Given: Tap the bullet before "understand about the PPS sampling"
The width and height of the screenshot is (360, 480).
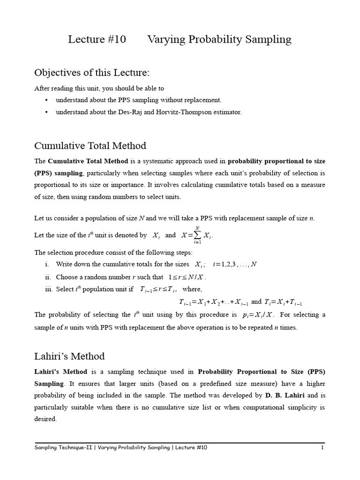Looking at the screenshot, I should [x=46, y=100].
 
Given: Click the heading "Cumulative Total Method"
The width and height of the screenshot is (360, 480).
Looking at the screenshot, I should [x=90, y=145].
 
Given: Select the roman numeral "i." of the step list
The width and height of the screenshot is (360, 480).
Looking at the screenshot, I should [x=48, y=264].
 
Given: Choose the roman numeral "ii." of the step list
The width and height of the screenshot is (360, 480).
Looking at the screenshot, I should [x=47, y=277].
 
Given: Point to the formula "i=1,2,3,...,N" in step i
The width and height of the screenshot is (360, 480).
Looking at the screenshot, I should [x=235, y=264].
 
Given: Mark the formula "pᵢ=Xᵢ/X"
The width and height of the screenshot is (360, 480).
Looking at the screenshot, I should [x=258, y=315].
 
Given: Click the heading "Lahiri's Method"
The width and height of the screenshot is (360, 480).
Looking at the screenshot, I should [x=69, y=356].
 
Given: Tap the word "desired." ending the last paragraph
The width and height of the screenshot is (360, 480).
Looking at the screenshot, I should [x=45, y=419].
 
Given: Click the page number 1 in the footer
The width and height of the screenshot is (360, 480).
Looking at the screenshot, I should [x=322, y=448].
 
